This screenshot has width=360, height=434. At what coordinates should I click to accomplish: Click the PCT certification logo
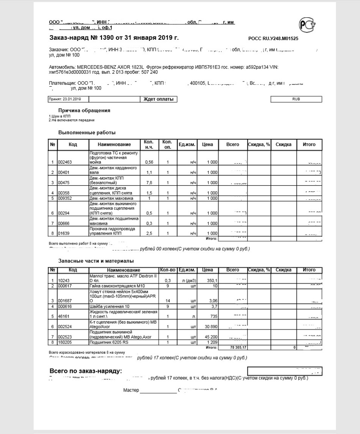click(307, 25)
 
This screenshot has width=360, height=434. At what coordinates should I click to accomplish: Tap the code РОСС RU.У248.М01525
click(273, 39)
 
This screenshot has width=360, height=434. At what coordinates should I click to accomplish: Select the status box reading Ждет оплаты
click(158, 99)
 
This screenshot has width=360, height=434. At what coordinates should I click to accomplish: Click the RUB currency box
click(296, 99)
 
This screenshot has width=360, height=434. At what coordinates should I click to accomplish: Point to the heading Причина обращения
click(84, 111)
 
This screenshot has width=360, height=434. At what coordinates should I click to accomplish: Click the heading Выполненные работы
click(87, 132)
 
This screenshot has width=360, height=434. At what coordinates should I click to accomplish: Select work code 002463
click(65, 162)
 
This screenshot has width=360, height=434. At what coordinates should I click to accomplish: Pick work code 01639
click(64, 233)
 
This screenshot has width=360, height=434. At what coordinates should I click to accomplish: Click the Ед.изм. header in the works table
click(187, 144)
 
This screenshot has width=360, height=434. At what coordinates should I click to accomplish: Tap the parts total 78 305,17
click(232, 347)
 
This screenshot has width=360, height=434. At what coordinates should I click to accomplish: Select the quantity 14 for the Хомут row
click(168, 300)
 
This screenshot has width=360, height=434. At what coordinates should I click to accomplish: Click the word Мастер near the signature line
click(131, 390)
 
